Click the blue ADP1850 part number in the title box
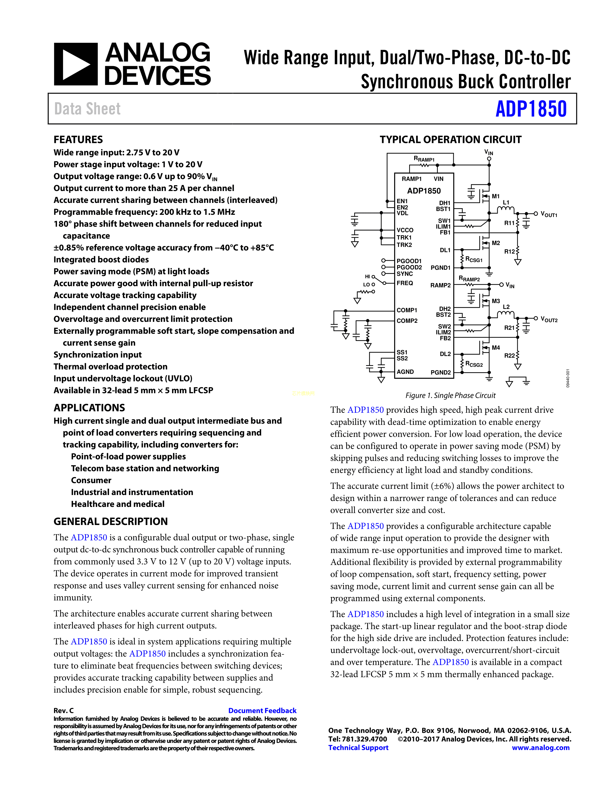coord(531,109)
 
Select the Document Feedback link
coord(262,710)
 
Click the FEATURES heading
coord(78,139)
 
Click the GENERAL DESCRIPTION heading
coord(111,521)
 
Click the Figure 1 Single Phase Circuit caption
coord(450,395)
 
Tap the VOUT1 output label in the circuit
coord(549,215)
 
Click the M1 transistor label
coord(496,196)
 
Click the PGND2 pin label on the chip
coord(441,372)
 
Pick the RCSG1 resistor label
coord(474,260)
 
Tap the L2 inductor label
coord(506,307)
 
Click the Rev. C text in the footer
coord(64,710)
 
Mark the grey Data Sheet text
coord(87,109)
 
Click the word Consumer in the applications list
coord(91,480)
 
